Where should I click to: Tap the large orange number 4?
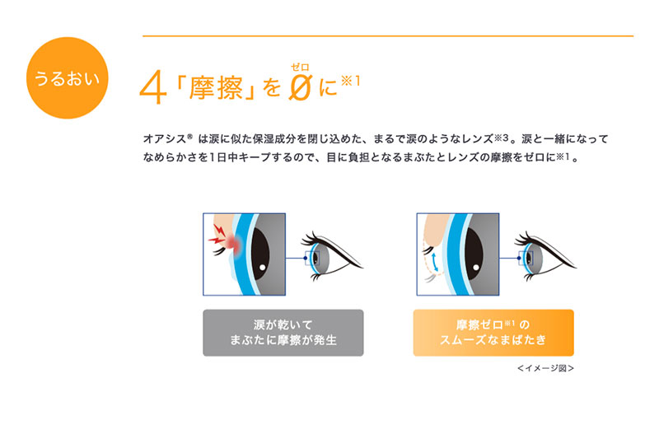coord(152,88)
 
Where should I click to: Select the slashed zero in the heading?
coord(300,87)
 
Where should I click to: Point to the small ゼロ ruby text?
coord(300,65)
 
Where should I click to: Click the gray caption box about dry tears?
coord(283,332)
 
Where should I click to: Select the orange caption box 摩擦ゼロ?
coord(493,332)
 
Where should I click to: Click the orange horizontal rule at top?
coord(387,35)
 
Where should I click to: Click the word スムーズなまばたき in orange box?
coord(493,340)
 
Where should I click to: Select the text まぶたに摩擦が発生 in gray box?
coord(283,340)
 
